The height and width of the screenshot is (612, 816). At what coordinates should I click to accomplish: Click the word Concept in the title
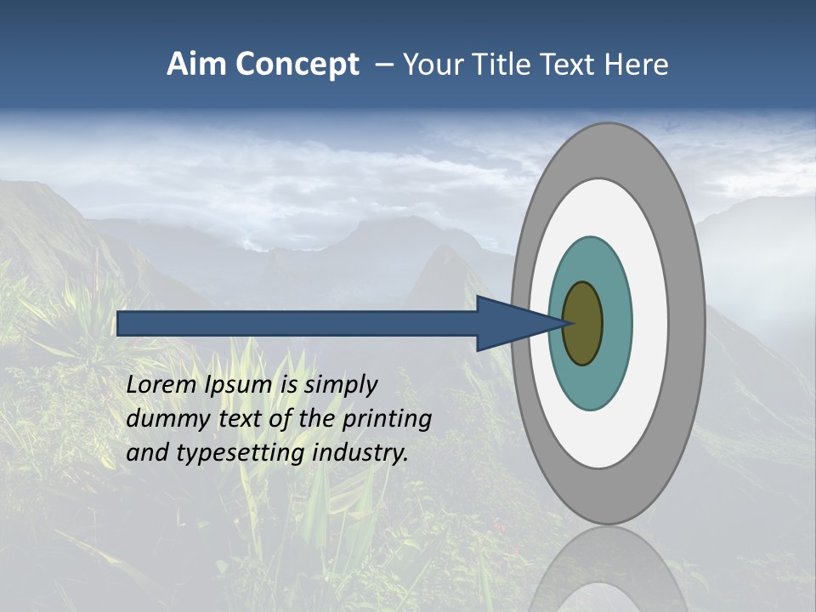pyautogui.click(x=298, y=65)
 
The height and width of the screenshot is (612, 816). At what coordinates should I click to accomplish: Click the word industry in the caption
pyautogui.click(x=360, y=453)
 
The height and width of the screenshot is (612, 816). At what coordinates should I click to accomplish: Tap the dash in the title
pyautogui.click(x=384, y=65)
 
